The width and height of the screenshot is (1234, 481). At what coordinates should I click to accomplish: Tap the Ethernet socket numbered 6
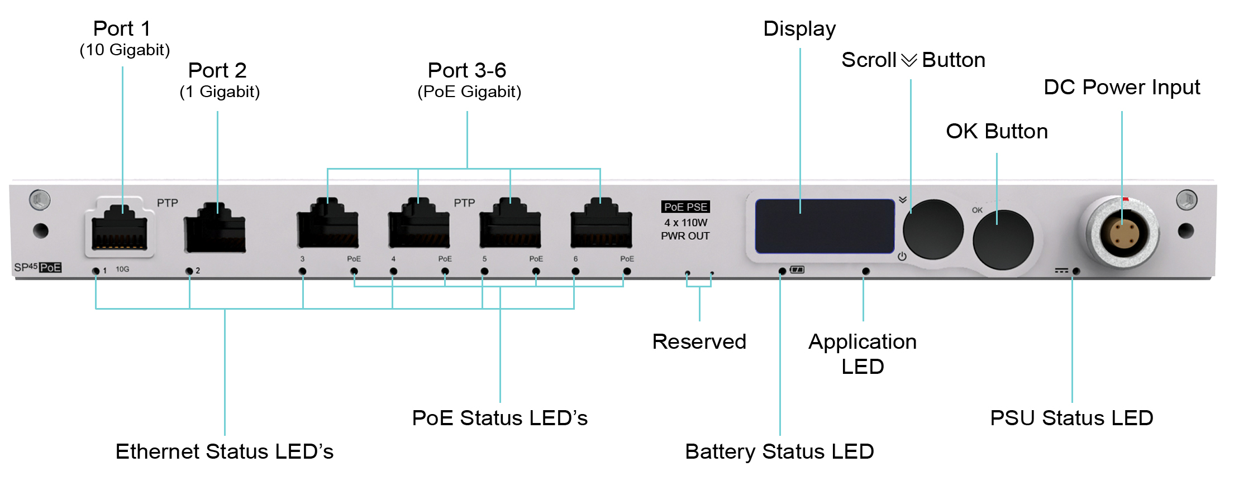pyautogui.click(x=601, y=227)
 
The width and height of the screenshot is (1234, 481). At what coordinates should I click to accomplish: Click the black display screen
pyautogui.click(x=825, y=226)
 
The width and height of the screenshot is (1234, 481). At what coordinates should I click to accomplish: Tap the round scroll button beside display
pyautogui.click(x=933, y=229)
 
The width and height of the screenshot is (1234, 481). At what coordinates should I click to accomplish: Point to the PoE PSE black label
pyautogui.click(x=685, y=207)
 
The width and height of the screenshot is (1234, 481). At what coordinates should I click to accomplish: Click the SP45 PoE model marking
pyautogui.click(x=38, y=267)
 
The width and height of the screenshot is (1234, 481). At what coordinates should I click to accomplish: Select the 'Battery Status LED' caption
pyautogui.click(x=779, y=451)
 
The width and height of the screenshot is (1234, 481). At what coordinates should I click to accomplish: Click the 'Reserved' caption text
pyautogui.click(x=699, y=341)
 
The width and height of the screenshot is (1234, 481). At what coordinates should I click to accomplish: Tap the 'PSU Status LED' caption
pyautogui.click(x=1071, y=418)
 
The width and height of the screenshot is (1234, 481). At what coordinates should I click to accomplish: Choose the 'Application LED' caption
pyautogui.click(x=863, y=354)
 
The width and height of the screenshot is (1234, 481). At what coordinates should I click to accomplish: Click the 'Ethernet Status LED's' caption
pyautogui.click(x=224, y=451)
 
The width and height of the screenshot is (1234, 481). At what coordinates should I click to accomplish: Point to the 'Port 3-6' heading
pyautogui.click(x=467, y=71)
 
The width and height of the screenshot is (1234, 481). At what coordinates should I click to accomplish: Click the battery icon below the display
pyautogui.click(x=797, y=270)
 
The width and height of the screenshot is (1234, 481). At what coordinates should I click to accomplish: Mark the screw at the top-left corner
pyautogui.click(x=40, y=200)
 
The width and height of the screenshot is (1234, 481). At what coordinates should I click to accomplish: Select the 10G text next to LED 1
pyautogui.click(x=122, y=270)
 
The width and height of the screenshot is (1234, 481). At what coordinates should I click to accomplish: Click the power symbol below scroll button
pyautogui.click(x=902, y=257)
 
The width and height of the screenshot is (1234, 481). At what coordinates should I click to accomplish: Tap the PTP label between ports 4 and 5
pyautogui.click(x=464, y=203)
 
